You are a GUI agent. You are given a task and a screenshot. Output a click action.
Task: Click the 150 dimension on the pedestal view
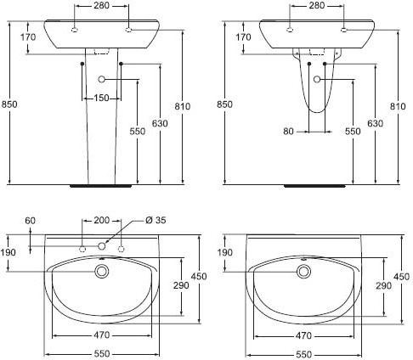click(x=101, y=98)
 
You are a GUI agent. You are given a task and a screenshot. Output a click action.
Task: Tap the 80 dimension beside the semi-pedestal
click(x=288, y=132)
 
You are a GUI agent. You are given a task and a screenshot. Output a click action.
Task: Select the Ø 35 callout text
click(x=156, y=220)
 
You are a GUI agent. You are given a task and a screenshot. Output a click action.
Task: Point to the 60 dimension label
click(x=31, y=221)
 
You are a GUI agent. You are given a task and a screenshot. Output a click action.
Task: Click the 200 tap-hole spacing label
click(x=101, y=220)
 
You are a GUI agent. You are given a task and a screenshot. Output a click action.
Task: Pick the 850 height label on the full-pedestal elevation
click(x=9, y=104)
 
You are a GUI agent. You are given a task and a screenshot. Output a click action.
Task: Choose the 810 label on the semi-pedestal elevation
click(x=398, y=106)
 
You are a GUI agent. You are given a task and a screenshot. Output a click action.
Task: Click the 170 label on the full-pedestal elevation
click(x=28, y=37)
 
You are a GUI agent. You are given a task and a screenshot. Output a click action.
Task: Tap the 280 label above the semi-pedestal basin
click(x=317, y=5)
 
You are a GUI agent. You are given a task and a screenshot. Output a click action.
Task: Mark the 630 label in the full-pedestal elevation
click(x=160, y=123)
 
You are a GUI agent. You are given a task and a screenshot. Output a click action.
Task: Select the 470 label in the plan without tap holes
click(x=303, y=336)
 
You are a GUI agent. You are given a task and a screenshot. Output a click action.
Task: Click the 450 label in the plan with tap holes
click(x=199, y=276)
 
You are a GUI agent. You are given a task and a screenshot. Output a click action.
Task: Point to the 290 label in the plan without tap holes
click(x=383, y=286)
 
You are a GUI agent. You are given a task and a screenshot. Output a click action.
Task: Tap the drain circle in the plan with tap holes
click(x=101, y=272)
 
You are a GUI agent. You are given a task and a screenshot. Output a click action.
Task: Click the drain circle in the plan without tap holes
click(x=303, y=272)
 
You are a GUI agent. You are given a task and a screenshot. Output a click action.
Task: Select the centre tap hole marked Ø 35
click(x=102, y=246)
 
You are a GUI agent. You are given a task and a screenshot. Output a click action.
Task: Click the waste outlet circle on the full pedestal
click(x=102, y=79)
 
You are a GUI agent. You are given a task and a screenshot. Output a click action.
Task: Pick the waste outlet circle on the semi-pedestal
click(x=317, y=80)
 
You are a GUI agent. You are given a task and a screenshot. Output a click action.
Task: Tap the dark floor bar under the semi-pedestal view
click(x=314, y=186)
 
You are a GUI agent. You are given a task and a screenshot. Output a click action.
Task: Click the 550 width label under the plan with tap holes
click(x=101, y=354)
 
